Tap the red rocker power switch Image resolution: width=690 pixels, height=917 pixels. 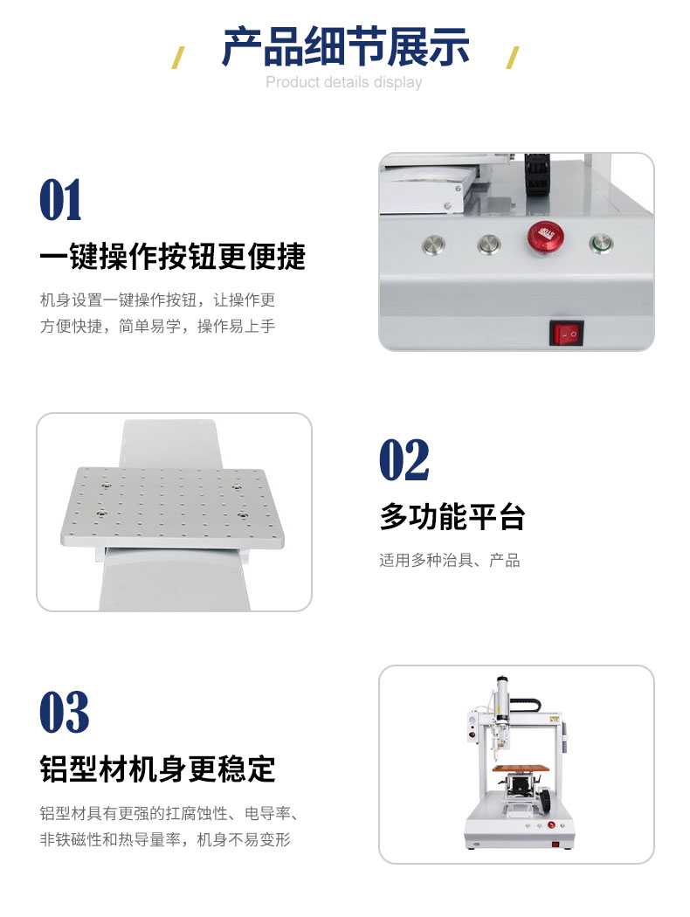[x=566, y=333]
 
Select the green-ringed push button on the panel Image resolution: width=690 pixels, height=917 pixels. [x=601, y=244]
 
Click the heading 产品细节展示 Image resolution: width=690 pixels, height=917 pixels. [x=346, y=46]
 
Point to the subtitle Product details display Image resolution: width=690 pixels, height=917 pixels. [x=344, y=82]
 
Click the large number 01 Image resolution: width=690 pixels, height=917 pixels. [x=61, y=200]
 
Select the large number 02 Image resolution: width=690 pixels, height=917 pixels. [x=404, y=460]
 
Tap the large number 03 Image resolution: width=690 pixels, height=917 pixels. [x=65, y=712]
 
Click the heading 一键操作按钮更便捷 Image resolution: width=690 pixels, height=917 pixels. [x=173, y=257]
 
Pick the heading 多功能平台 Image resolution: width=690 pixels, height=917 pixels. [x=452, y=516]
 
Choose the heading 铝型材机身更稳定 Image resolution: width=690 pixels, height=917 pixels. [x=157, y=769]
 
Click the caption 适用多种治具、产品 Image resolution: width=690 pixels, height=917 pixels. [x=449, y=561]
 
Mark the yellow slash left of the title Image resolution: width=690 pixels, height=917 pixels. [x=178, y=58]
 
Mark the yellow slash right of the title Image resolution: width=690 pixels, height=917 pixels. [x=512, y=58]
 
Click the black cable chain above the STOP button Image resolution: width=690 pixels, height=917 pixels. [x=537, y=175]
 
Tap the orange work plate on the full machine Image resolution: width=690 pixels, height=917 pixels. [x=522, y=768]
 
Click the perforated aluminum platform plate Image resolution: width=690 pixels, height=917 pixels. [x=173, y=507]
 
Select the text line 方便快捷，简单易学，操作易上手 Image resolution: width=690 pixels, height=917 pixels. [x=157, y=326]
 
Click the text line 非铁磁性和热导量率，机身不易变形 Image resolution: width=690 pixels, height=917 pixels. [x=165, y=839]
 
